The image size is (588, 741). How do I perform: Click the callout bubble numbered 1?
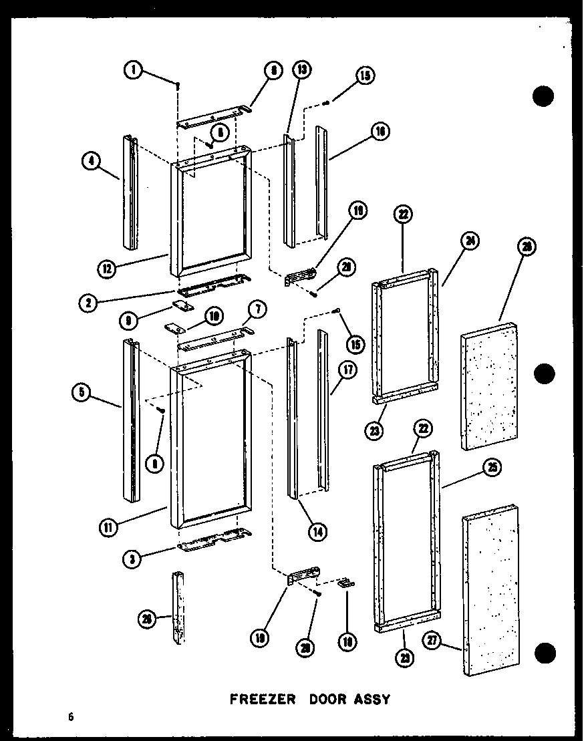134,69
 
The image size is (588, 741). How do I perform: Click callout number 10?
214,315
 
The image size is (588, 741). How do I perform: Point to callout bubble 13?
302,69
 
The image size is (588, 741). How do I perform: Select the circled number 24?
471,242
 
